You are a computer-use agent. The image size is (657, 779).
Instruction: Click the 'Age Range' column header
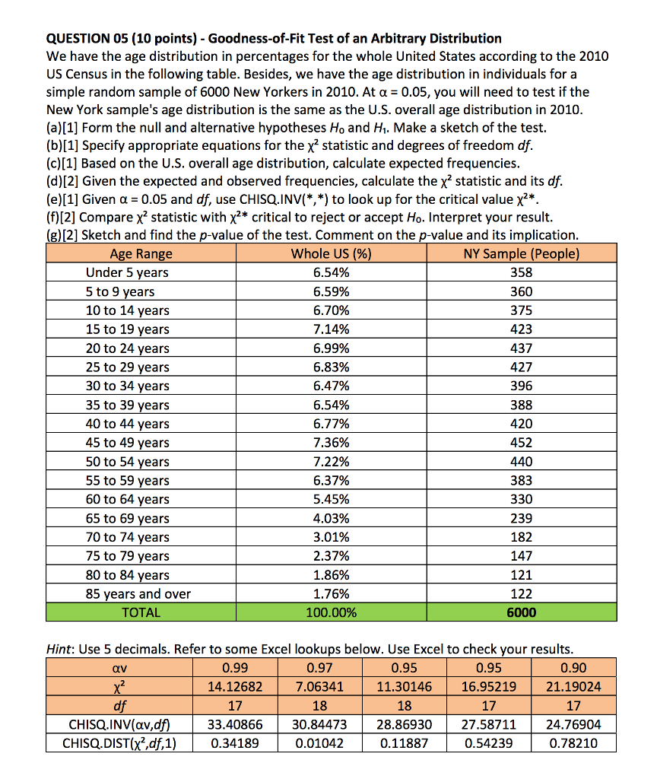point(141,254)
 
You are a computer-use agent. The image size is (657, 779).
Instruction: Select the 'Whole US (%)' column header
point(332,254)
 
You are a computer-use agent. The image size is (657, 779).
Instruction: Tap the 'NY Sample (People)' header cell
point(521,254)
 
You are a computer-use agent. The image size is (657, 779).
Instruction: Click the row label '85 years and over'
point(138,594)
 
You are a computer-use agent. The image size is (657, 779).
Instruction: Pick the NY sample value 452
point(522,443)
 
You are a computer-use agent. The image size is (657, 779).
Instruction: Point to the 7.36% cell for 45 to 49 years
point(332,443)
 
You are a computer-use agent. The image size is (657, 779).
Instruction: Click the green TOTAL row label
point(141,612)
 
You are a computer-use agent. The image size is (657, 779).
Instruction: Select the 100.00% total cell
point(332,612)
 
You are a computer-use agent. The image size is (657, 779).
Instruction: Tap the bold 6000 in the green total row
point(522,612)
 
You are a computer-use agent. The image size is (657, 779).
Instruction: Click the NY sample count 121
point(522,575)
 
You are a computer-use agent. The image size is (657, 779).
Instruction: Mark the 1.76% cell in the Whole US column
point(332,594)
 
